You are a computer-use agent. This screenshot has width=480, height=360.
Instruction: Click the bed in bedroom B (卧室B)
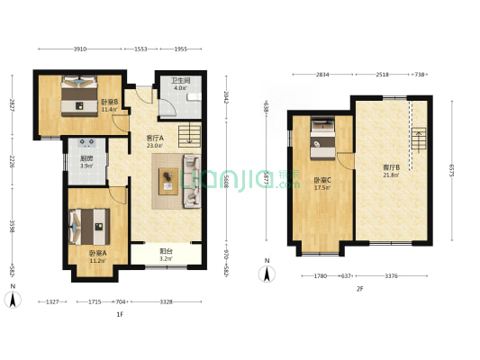(x=78, y=95)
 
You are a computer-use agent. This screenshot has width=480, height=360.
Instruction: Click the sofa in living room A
(x=192, y=181)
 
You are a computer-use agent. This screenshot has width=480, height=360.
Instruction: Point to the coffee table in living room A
(x=168, y=181)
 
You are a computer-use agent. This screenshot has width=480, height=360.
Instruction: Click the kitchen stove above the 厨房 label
(x=88, y=145)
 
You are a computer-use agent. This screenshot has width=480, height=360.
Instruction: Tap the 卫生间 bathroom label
(x=180, y=82)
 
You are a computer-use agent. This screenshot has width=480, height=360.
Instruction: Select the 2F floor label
(x=359, y=289)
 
